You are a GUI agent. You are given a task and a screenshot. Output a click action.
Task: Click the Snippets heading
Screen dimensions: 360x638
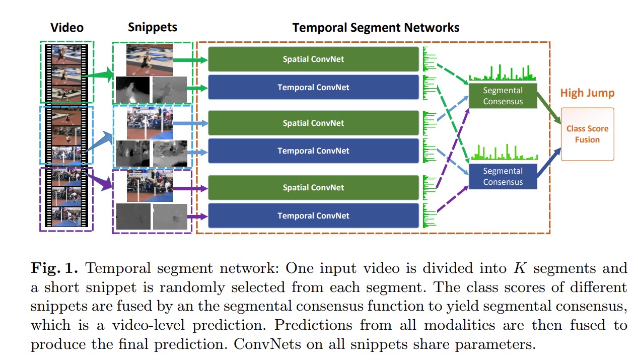[x=152, y=27]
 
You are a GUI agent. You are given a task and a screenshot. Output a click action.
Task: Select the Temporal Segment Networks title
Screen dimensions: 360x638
[x=376, y=27]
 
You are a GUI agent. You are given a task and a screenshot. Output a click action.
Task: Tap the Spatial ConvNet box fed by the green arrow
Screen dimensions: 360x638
[x=313, y=59]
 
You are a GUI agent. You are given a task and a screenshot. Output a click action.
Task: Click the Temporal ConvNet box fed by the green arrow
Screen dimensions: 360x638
[x=313, y=87]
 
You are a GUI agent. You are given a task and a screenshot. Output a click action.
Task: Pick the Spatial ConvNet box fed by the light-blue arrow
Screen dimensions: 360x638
[x=313, y=123]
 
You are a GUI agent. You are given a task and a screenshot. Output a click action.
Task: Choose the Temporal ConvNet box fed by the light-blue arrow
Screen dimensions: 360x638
[x=313, y=151]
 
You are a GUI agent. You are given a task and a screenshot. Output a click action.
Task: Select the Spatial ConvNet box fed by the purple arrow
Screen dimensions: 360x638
[x=313, y=187]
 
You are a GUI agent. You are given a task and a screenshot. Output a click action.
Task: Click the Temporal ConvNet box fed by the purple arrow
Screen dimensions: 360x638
[x=313, y=215]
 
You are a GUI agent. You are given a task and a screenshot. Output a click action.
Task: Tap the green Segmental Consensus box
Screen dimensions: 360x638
[x=503, y=96]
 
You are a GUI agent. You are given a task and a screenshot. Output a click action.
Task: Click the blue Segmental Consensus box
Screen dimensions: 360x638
[x=503, y=176]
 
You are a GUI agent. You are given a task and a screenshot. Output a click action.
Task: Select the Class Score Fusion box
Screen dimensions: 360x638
[x=587, y=134]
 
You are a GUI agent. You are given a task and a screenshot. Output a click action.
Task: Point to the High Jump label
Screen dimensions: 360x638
[x=587, y=93]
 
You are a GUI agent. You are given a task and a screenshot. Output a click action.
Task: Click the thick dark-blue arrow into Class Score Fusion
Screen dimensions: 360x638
[x=550, y=162]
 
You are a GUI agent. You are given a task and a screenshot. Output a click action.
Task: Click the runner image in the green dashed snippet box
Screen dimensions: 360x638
[x=150, y=59]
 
